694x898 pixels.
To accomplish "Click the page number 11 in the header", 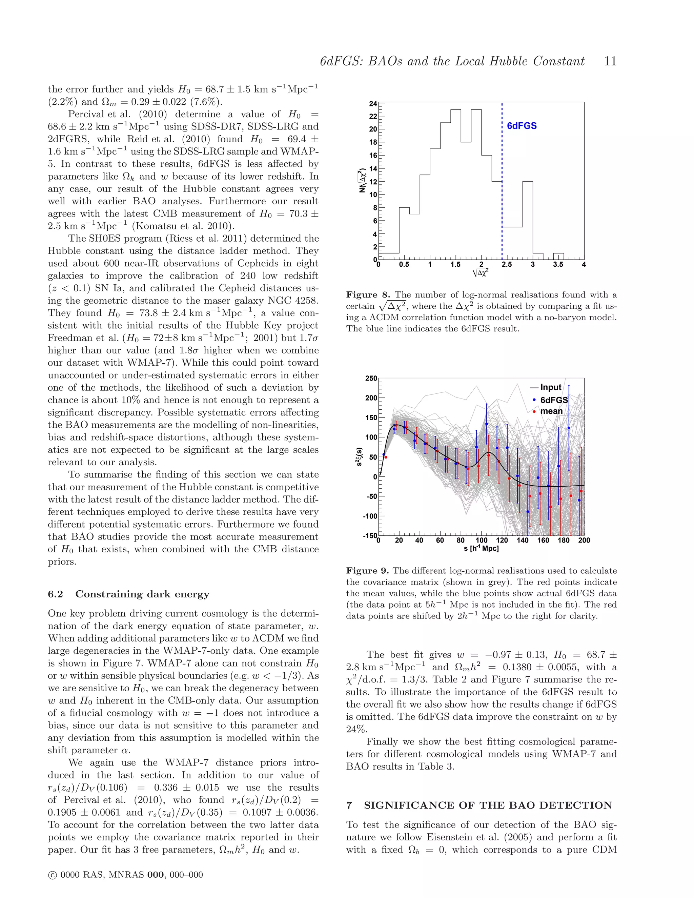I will pos(610,61).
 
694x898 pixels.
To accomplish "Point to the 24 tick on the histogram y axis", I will pos(373,104).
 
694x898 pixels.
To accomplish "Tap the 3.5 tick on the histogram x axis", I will pos(558,264).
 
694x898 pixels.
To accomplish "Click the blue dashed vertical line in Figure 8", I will pos(502,185).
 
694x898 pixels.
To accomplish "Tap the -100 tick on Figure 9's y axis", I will pos(370,516).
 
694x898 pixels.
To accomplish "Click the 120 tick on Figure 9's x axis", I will pos(502,540).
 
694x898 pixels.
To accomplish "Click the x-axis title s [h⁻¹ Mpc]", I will pos(481,549).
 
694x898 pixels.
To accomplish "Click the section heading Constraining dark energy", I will pos(142,594).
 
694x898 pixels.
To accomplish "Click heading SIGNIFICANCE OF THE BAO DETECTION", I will pos(488,805).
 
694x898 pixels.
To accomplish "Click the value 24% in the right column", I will pos(356,729).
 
